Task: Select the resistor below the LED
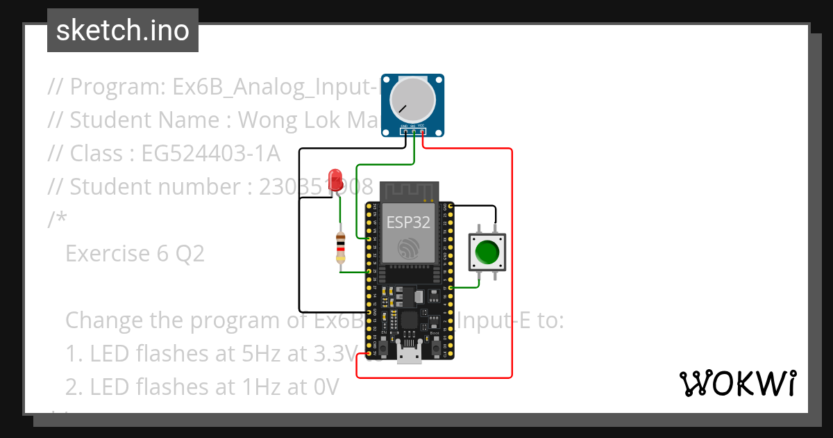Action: [340, 248]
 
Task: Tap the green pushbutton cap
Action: [489, 252]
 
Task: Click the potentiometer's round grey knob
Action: [412, 99]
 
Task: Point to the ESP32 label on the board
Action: [407, 222]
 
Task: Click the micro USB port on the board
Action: [410, 355]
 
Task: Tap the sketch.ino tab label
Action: [123, 31]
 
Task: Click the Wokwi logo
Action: [737, 383]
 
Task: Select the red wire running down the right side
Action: [512, 264]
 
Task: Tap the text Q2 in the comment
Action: [190, 254]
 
